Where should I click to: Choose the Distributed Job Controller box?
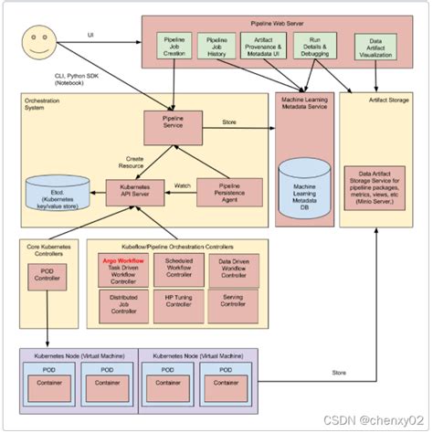tap(122, 302)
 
